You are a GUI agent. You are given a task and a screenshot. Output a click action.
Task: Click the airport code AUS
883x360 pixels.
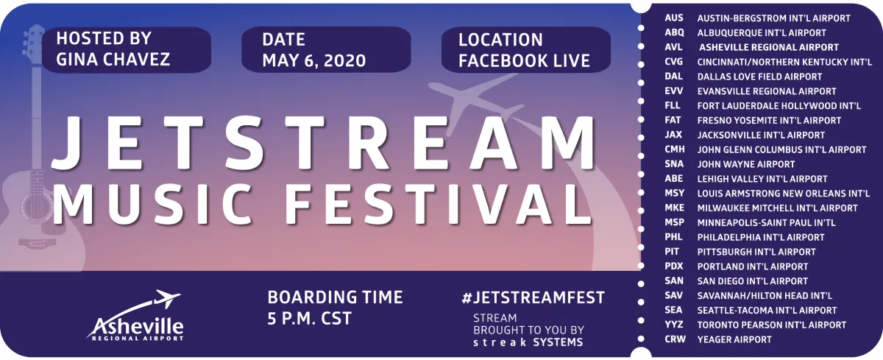pyautogui.click(x=673, y=18)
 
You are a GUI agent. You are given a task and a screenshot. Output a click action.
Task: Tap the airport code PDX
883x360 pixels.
pyautogui.click(x=674, y=267)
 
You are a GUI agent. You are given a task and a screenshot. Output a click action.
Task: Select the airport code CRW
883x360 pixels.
pyautogui.click(x=675, y=339)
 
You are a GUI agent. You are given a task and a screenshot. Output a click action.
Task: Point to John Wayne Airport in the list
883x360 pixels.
pyautogui.click(x=745, y=164)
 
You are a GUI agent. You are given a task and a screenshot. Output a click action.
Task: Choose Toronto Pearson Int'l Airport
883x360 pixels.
pyautogui.click(x=772, y=325)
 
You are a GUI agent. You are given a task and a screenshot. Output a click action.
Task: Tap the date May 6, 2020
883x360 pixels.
pyautogui.click(x=314, y=60)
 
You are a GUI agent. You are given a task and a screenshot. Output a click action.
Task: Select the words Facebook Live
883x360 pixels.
pyautogui.click(x=524, y=60)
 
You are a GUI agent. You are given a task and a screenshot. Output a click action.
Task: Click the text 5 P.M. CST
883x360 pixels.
pyautogui.click(x=310, y=320)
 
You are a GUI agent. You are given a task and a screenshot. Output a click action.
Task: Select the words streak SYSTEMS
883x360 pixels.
pyautogui.click(x=528, y=342)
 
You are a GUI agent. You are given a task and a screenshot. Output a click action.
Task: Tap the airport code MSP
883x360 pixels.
pyautogui.click(x=674, y=222)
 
